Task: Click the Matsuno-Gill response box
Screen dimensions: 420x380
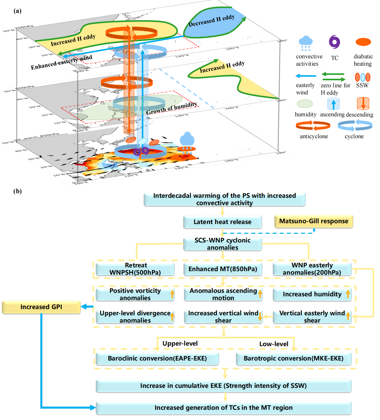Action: pos(313,221)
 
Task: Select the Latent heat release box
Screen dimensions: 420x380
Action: pos(222,222)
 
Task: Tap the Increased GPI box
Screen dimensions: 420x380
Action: pos(41,307)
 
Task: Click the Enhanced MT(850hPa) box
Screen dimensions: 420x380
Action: pos(222,269)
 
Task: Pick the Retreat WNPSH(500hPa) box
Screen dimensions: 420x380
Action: pos(135,269)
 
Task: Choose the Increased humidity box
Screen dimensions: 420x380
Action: pos(312,294)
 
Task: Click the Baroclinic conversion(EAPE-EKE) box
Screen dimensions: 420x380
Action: pos(157,358)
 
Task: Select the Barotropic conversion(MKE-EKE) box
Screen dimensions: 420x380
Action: pos(294,358)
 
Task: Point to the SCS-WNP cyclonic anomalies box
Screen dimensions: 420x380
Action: pos(222,244)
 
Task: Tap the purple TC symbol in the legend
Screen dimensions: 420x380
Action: pos(334,42)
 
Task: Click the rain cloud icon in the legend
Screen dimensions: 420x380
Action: pos(306,43)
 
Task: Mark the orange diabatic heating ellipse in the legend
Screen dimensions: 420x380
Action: pos(363,42)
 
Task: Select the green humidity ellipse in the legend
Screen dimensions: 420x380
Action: pos(305,104)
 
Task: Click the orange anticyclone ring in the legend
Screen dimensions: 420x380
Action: pos(313,126)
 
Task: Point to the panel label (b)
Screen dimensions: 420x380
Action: pos(18,191)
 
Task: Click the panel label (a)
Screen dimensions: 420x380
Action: pos(18,11)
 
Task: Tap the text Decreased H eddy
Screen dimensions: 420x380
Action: pos(212,21)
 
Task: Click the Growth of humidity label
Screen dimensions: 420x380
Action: pos(171,108)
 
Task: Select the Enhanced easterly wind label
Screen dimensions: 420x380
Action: pos(61,62)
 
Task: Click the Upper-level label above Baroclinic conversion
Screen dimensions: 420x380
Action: pos(180,343)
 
